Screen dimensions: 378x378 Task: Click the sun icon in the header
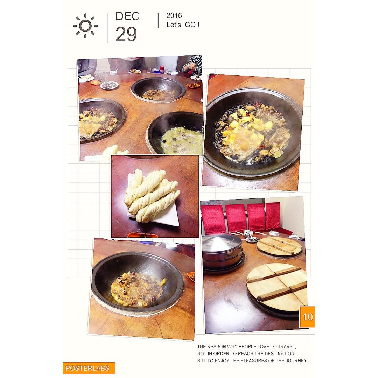pyautogui.click(x=85, y=26)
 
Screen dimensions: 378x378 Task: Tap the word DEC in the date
pyautogui.click(x=127, y=16)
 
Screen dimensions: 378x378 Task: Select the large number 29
pyautogui.click(x=126, y=34)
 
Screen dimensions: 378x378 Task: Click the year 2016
pyautogui.click(x=174, y=15)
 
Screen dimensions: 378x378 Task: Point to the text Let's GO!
pyautogui.click(x=183, y=24)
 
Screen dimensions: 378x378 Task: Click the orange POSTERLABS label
pyautogui.click(x=89, y=368)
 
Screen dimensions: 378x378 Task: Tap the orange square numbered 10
pyautogui.click(x=307, y=317)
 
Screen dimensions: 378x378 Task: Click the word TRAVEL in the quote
pyautogui.click(x=287, y=346)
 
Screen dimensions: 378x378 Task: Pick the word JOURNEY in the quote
pyautogui.click(x=297, y=360)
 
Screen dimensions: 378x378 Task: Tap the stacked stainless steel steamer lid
pyautogui.click(x=222, y=252)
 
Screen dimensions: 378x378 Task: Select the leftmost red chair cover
pyautogui.click(x=213, y=219)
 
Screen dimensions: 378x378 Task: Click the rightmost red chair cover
pyautogui.click(x=273, y=216)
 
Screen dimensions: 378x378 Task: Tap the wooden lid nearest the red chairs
pyautogui.click(x=279, y=246)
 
